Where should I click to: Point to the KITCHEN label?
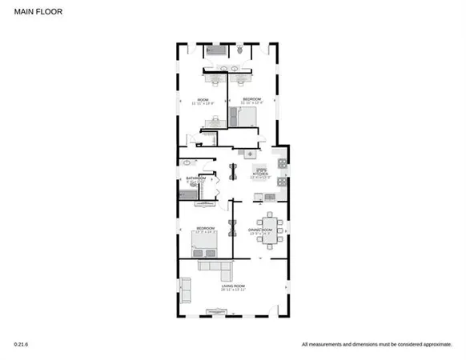262,173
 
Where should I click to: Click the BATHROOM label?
196,178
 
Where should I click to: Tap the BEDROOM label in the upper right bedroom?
251,99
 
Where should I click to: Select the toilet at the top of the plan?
239,50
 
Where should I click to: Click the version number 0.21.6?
21,344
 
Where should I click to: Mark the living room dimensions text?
233,290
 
